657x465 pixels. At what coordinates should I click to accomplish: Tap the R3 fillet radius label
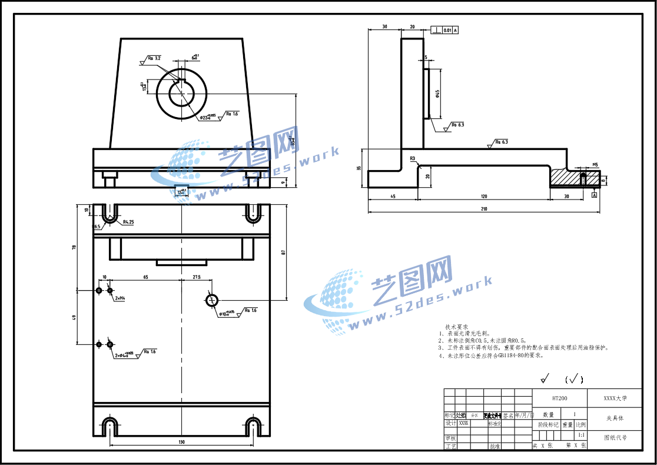pyautogui.click(x=413, y=159)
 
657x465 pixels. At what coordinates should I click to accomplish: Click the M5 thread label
pyautogui.click(x=595, y=165)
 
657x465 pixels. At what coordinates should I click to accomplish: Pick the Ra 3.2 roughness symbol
pyautogui.click(x=154, y=58)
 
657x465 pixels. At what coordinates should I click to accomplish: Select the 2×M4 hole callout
pyautogui.click(x=120, y=298)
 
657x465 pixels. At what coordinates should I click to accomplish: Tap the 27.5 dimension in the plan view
pyautogui.click(x=196, y=277)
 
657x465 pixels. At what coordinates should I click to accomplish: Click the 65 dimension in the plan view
pyautogui.click(x=145, y=277)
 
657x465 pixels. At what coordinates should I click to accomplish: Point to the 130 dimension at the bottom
pyautogui.click(x=181, y=441)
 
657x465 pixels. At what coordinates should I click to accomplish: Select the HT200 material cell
pyautogui.click(x=559, y=398)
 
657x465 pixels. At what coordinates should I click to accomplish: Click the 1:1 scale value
pyautogui.click(x=581, y=435)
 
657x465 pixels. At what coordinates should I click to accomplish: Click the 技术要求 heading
pyautogui.click(x=456, y=327)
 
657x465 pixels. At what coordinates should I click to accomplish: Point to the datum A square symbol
pyautogui.click(x=595, y=194)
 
